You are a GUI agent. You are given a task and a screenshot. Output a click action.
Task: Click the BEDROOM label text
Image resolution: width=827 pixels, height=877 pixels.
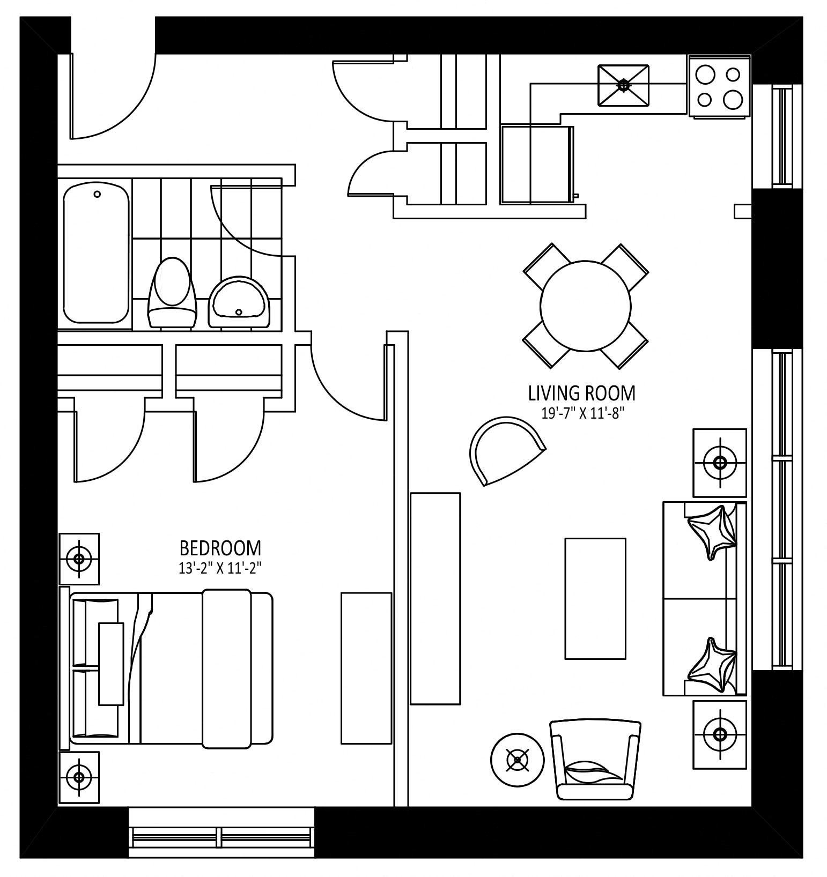(x=220, y=548)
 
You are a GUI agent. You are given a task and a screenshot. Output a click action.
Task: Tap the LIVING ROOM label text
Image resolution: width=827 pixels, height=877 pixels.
(x=582, y=393)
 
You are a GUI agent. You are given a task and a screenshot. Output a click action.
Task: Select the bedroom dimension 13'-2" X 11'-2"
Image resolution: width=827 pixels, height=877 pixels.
(x=220, y=568)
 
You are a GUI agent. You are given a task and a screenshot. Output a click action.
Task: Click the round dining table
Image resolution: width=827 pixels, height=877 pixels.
(x=586, y=306)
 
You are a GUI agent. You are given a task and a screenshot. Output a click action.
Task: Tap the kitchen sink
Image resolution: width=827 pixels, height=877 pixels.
(x=623, y=86)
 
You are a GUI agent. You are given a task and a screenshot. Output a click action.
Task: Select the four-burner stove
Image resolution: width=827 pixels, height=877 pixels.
(x=719, y=86)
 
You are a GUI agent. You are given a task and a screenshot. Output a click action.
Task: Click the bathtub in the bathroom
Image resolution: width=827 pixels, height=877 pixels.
(x=97, y=253)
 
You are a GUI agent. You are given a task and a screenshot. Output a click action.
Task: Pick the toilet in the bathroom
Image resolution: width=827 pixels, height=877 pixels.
(x=172, y=292)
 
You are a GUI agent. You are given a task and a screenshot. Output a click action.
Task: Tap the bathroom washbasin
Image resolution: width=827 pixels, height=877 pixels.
(x=239, y=302)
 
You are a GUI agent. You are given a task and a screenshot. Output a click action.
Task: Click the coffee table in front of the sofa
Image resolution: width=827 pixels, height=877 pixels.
(x=595, y=598)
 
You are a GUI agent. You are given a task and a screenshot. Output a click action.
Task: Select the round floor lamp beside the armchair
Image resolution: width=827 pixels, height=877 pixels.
(x=518, y=760)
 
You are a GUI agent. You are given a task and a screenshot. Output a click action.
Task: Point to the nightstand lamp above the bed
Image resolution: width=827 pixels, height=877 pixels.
(x=79, y=559)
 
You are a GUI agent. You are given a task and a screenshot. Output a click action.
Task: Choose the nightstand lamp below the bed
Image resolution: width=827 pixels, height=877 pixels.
(x=79, y=777)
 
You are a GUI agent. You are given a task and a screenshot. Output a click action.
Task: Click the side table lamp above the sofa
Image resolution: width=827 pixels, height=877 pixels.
(x=720, y=463)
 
